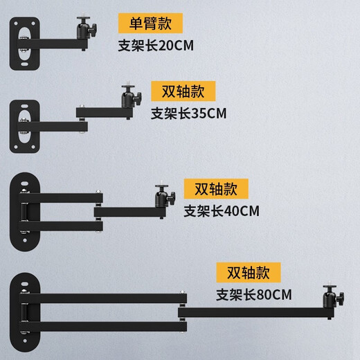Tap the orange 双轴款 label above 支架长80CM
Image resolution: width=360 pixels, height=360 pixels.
coord(247,271)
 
